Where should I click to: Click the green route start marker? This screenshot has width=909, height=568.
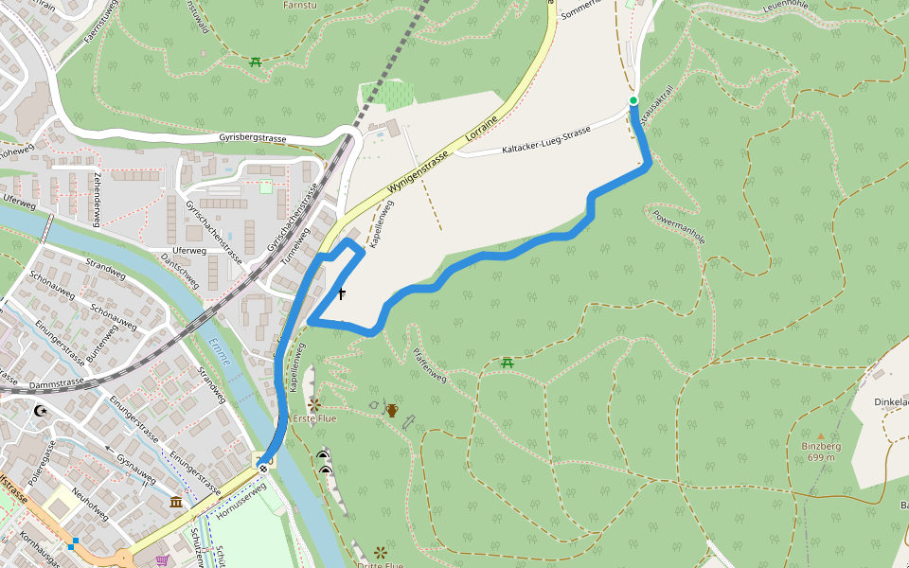tap(633, 100)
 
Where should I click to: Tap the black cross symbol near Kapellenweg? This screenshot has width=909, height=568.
tap(341, 294)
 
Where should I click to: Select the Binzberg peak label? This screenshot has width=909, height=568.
tap(821, 446)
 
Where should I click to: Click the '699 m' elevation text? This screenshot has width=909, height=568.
tap(821, 457)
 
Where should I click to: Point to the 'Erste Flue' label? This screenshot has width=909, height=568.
tap(314, 417)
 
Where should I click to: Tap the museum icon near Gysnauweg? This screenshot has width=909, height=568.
tap(176, 501)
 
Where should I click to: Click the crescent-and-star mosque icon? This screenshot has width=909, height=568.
tap(40, 411)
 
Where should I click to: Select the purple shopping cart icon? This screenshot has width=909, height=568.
tap(162, 560)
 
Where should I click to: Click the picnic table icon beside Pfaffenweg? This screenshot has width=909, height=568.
tap(508, 363)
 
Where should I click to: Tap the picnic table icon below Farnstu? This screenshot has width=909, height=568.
tap(256, 62)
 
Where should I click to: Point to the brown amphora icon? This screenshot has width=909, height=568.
tap(391, 411)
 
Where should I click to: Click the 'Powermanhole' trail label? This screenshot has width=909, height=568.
tap(679, 226)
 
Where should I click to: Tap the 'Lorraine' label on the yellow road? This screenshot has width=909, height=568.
tap(484, 134)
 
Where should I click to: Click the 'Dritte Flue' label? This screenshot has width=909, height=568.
tap(381, 565)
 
